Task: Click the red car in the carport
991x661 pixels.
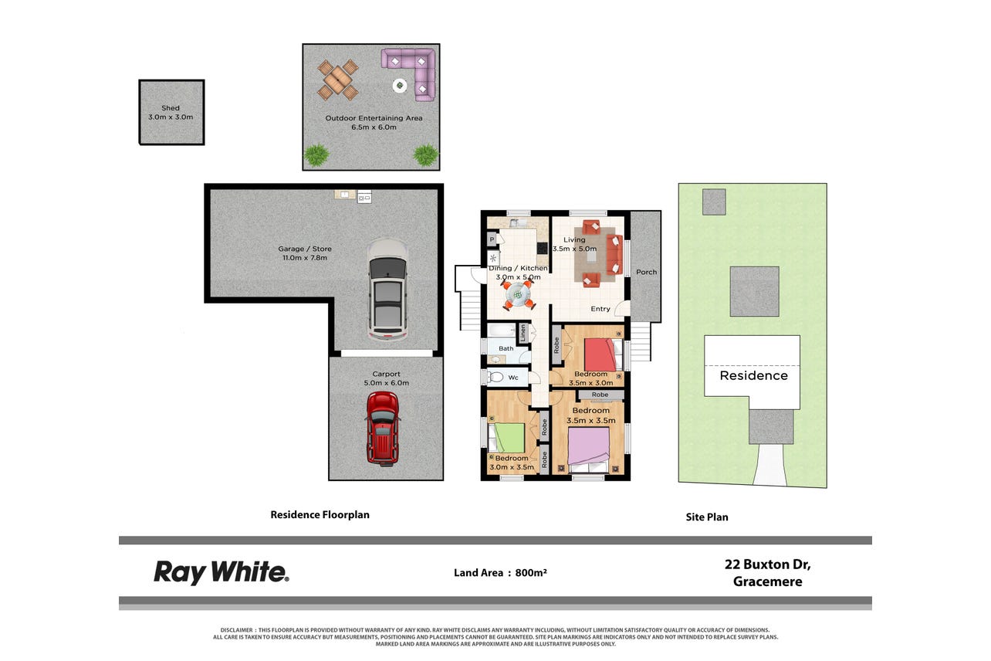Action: coord(383,429)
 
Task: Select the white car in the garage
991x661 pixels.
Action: coord(387,289)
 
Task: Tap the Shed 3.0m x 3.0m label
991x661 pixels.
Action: coord(171,113)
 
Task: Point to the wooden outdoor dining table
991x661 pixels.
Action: coord(337,80)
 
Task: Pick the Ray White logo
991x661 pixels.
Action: coord(222,573)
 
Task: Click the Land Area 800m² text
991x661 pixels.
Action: coord(500,573)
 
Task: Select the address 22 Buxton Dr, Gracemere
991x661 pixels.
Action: coord(768,573)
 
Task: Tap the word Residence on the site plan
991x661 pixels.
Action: coord(754,376)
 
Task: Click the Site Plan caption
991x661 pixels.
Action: coord(707,517)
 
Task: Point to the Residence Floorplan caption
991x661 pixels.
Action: coord(320,515)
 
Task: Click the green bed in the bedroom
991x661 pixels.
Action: coord(506,438)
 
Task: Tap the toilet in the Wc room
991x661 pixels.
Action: coord(495,377)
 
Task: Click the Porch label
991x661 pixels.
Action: coord(646,273)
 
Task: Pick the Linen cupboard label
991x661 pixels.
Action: coord(523,333)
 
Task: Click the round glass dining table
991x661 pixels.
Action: coord(518,293)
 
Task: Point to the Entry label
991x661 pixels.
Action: coord(600,309)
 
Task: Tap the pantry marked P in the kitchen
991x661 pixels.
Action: coord(492,239)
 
